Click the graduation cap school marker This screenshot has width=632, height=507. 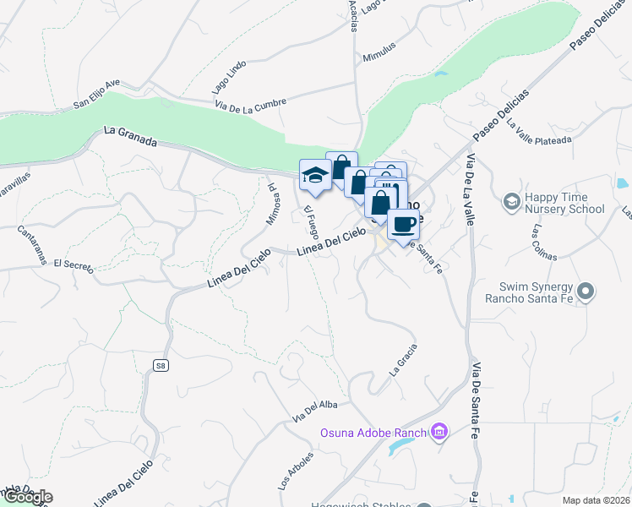pos(315,174)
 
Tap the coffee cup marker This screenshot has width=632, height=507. pos(404,224)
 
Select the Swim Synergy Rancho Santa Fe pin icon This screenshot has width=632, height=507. pos(590,292)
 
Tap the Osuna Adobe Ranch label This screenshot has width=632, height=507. pos(373,433)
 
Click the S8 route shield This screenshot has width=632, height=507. pos(161,365)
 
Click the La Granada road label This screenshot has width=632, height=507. pos(131,136)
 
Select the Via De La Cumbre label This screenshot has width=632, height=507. pos(251,102)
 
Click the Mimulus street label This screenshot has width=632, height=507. pos(379,51)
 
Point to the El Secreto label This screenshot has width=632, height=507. pos(73,265)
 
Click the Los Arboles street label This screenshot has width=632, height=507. pos(295,472)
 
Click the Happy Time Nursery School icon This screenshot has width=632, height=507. pos(511,201)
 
